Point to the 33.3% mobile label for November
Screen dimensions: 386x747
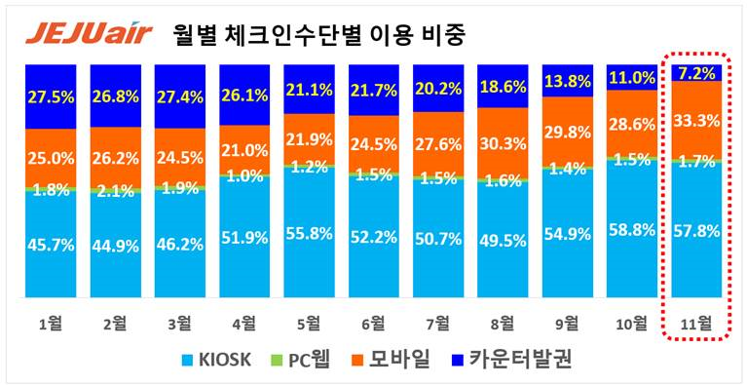coord(695,121)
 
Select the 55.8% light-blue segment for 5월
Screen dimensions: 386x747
coord(310,233)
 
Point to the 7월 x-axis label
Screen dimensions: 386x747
coord(438,323)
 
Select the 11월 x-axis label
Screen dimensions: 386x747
coord(695,323)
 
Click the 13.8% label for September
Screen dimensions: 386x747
coord(568,82)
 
